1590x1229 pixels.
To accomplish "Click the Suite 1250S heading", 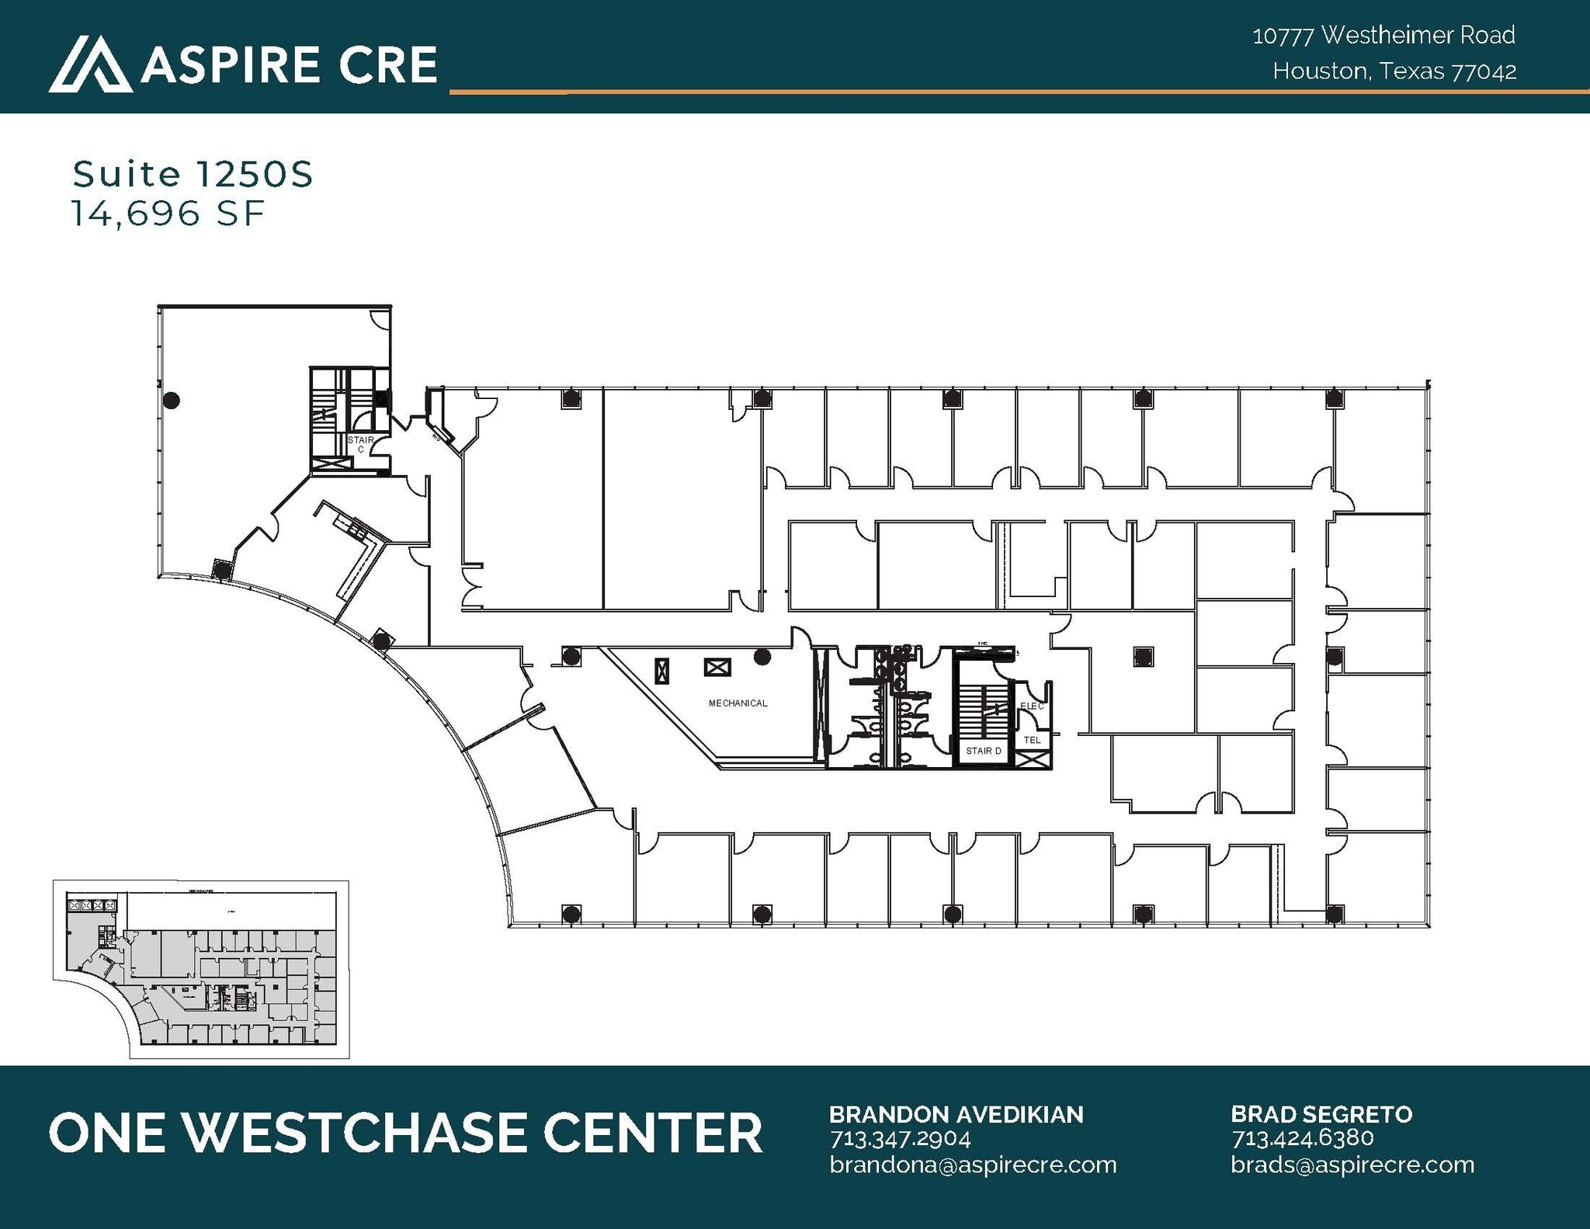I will pos(193,174).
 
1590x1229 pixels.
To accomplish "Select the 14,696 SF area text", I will pos(168,214).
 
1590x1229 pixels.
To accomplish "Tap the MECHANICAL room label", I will pos(738,703).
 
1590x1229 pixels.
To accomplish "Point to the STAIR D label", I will pos(983,751).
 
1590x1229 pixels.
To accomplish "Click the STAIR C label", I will pos(360,444).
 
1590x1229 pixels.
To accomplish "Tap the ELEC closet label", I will pos(1032,706).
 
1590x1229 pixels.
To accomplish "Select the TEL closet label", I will pos(1032,740).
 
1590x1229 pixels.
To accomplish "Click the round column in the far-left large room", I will pos(172,401).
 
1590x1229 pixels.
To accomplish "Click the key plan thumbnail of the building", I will pos(201,969).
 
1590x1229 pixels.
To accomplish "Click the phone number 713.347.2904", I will pos(900,1139).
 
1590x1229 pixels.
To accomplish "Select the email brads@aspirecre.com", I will pos(1352,1165).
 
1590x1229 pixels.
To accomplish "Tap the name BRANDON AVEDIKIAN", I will pos(956,1114).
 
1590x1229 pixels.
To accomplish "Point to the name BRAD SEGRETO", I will pos(1321,1114).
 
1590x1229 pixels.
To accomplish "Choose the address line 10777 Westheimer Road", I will pos(1383,35).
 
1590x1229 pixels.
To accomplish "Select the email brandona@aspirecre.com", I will pos(973,1165).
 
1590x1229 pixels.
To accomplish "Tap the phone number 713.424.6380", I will pos(1302,1139).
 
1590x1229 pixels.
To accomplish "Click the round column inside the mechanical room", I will pos(762,657).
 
